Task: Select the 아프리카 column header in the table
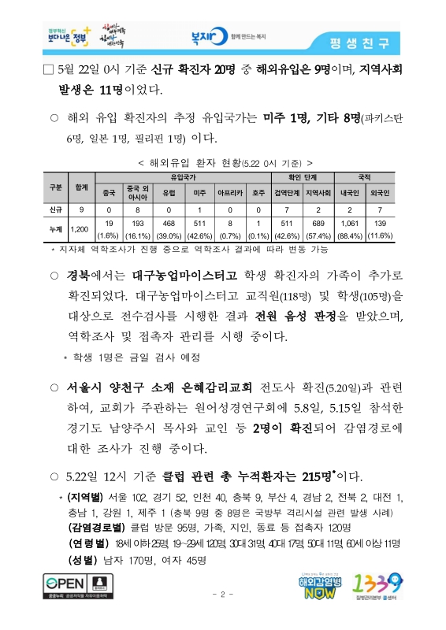pyautogui.click(x=229, y=191)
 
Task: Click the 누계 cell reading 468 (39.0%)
pyautogui.click(x=168, y=229)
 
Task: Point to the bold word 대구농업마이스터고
pyautogui.click(x=184, y=276)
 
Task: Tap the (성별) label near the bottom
pyautogui.click(x=83, y=561)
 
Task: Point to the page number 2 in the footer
pyautogui.click(x=223, y=594)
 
